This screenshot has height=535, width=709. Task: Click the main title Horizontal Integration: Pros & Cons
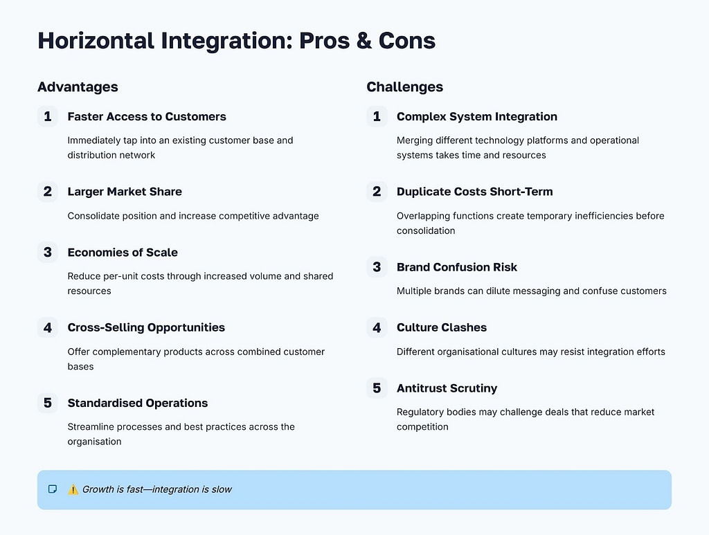[236, 41]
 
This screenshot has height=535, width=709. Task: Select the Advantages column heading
[78, 87]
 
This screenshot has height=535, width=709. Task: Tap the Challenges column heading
[404, 87]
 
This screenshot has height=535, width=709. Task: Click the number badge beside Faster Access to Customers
[47, 116]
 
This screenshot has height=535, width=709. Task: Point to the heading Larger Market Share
[125, 192]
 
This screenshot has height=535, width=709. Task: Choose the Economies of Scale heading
[123, 253]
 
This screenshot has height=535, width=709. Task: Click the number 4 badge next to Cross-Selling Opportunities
[47, 327]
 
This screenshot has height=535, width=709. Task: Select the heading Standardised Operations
[137, 403]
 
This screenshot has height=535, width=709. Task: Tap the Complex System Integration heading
[476, 116]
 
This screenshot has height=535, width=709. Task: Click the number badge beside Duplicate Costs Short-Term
[377, 192]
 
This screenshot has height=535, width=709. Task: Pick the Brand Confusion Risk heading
[456, 267]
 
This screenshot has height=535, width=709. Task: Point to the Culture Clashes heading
[441, 327]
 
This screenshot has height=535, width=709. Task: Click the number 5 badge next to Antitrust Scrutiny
[377, 388]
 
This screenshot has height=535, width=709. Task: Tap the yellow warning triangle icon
[73, 489]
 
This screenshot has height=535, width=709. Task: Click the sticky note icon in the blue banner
[53, 489]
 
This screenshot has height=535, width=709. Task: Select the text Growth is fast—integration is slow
[157, 489]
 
